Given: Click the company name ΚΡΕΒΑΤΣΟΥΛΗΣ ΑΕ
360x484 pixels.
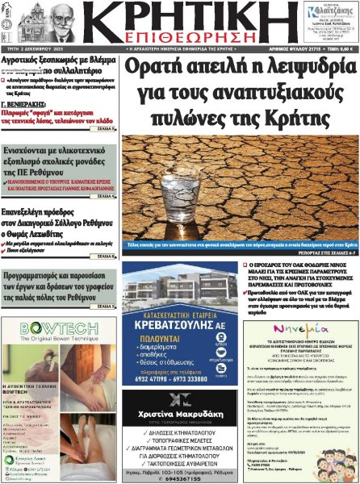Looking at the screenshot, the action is click(x=183, y=362).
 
